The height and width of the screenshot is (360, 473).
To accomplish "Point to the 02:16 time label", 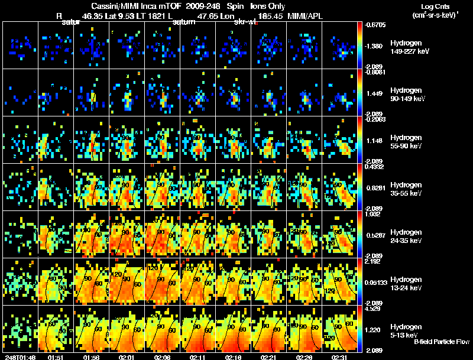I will coord(234,357).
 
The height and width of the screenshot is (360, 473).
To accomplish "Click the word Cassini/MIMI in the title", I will coord(112,6).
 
